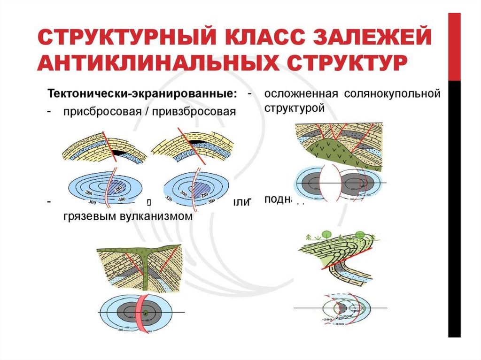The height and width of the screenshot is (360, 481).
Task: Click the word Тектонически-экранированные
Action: pyautogui.click(x=141, y=93)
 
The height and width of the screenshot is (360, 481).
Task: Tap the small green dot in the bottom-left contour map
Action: pyautogui.click(x=146, y=312)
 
